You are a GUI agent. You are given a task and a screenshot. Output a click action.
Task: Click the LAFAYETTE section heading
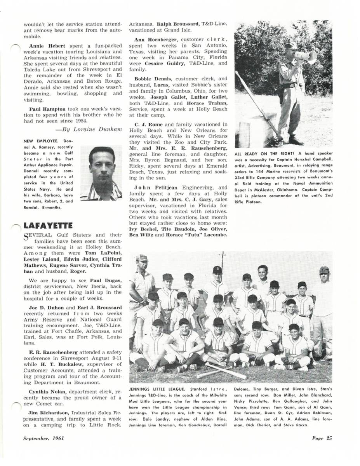point(48,225)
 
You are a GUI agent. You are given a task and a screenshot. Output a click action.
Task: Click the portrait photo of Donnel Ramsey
point(101,173)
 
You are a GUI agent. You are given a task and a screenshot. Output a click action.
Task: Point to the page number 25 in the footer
point(322,439)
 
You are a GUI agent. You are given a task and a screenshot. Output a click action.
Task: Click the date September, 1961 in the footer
point(43,439)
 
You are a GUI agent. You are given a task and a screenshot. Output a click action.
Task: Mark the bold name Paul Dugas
point(106,280)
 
